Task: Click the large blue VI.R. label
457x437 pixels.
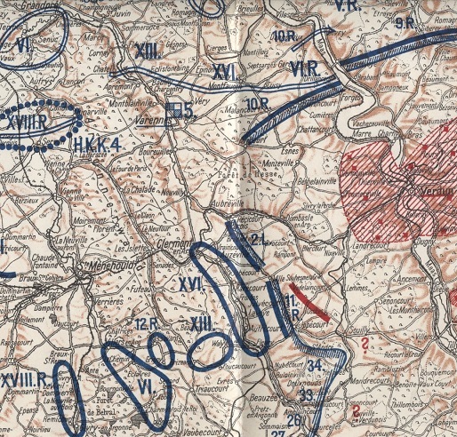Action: (x=306, y=68)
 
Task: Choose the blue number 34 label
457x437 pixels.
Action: (x=315, y=365)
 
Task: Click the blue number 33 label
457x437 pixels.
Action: (x=307, y=394)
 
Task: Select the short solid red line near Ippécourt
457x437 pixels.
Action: (x=316, y=306)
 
